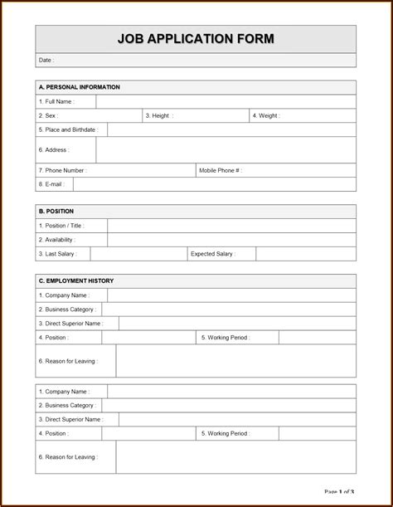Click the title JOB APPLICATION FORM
[196, 39]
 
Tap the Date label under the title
[46, 61]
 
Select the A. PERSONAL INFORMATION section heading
[80, 87]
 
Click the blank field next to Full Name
[226, 102]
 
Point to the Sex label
[48, 116]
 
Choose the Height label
[160, 116]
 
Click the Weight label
[266, 116]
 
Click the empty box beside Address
[226, 150]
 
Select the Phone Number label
[62, 170]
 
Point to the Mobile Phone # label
[220, 170]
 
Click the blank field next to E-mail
[214, 184]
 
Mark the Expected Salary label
[212, 254]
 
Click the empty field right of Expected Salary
[305, 254]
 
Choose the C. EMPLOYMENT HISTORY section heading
[76, 281]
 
